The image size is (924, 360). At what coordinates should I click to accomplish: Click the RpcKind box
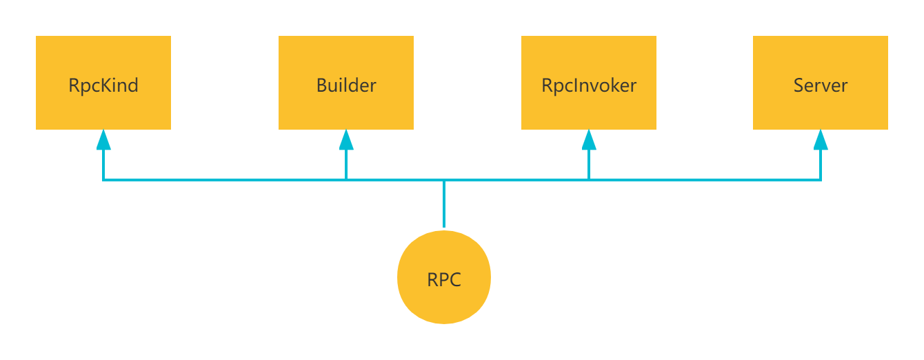[x=103, y=83]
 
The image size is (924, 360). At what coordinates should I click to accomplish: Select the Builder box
[x=346, y=83]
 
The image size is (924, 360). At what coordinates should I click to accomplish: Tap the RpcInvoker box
[x=589, y=83]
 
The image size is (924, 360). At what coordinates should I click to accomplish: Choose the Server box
[x=821, y=83]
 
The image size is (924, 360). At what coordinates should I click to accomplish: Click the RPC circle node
[x=444, y=277]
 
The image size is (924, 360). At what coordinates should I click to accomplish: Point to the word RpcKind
[x=103, y=86]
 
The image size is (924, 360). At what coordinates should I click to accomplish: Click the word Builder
[x=346, y=86]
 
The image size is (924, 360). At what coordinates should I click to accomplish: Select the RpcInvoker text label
[x=589, y=86]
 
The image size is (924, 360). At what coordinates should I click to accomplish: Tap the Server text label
[x=821, y=86]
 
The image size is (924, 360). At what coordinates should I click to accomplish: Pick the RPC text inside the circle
[x=444, y=279]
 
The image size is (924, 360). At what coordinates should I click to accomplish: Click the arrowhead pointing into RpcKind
[x=103, y=140]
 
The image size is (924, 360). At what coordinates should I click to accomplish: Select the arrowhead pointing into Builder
[x=346, y=140]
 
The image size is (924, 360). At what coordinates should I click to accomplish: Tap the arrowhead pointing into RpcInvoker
[x=589, y=140]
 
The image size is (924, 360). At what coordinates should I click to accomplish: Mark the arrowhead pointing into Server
[x=821, y=140]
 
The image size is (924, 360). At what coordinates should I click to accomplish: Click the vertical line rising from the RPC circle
[x=444, y=203]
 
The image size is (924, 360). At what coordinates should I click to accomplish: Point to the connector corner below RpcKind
[x=103, y=180]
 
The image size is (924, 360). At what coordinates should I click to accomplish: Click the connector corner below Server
[x=821, y=180]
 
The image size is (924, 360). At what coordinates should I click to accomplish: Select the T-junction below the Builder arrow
[x=346, y=180]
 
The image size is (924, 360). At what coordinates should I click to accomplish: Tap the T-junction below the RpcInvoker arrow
[x=589, y=180]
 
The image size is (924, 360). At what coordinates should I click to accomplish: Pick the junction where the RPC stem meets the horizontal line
[x=444, y=180]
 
